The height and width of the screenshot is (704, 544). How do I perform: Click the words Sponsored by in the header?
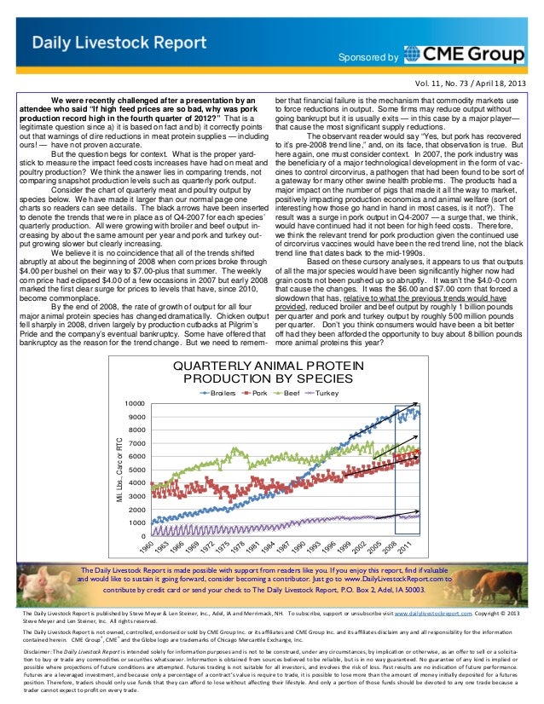[367, 58]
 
